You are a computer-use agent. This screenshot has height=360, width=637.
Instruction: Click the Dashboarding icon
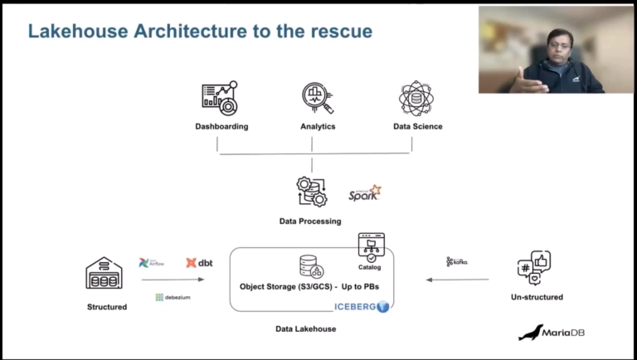point(220,98)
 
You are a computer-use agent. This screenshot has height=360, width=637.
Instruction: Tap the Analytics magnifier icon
point(317,98)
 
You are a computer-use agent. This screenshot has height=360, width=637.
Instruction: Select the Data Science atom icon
point(416,98)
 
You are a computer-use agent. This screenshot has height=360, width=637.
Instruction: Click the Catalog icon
point(371,246)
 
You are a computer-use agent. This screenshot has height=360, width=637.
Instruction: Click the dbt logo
point(199,263)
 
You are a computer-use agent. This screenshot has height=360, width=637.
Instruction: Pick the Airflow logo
point(152,263)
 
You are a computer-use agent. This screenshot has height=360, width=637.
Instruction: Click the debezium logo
point(173,297)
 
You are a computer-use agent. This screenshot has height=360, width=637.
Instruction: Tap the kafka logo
point(457,261)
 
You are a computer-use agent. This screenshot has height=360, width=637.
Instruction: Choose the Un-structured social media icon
point(534,268)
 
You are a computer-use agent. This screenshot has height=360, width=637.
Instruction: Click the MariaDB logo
point(552,333)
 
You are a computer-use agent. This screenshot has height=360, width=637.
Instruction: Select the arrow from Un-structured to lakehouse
point(458,280)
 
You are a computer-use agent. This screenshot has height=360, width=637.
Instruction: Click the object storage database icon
point(311,266)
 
